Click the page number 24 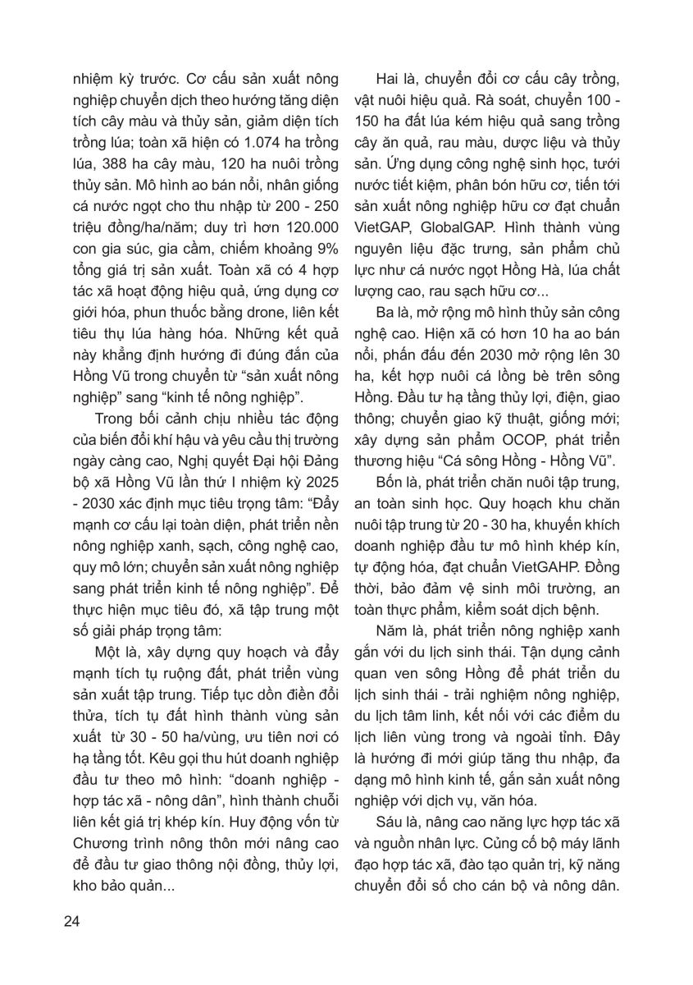(x=71, y=920)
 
